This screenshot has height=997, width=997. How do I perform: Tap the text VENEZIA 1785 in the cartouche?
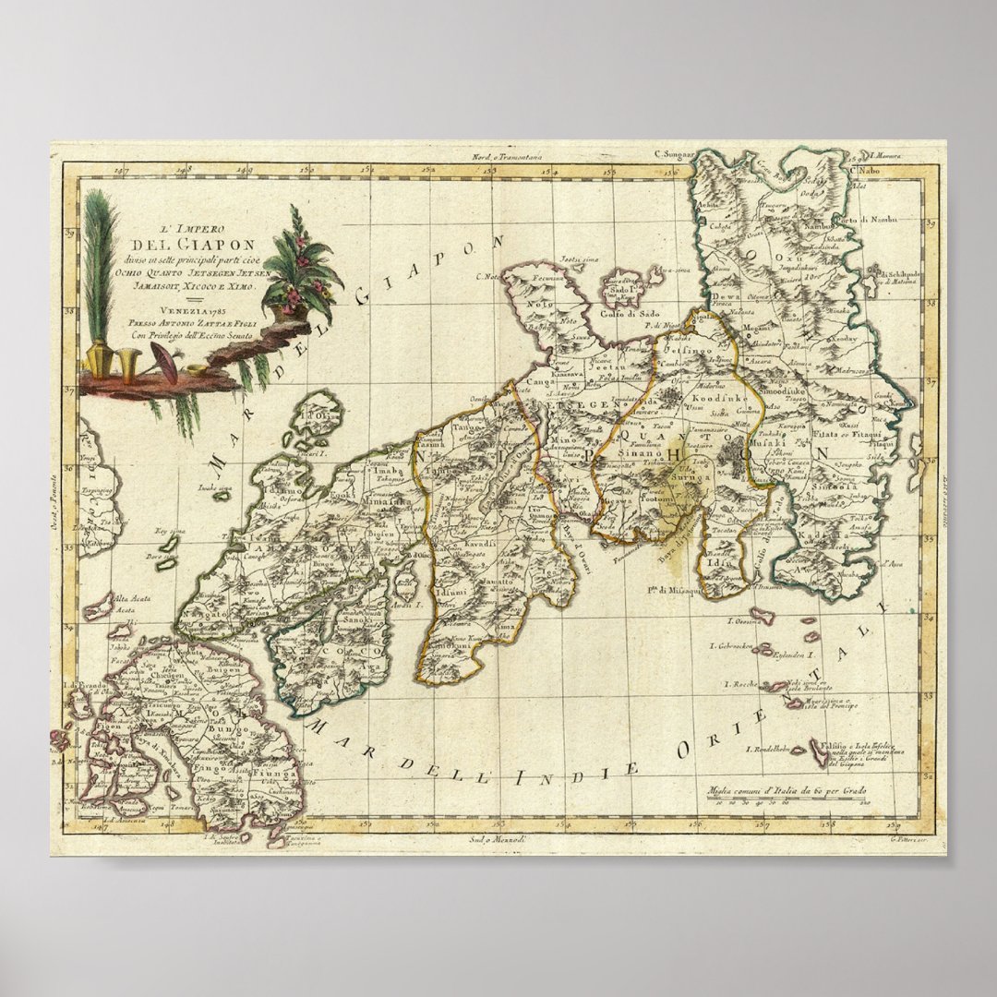174,310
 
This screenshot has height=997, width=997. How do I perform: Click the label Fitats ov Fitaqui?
843,432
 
